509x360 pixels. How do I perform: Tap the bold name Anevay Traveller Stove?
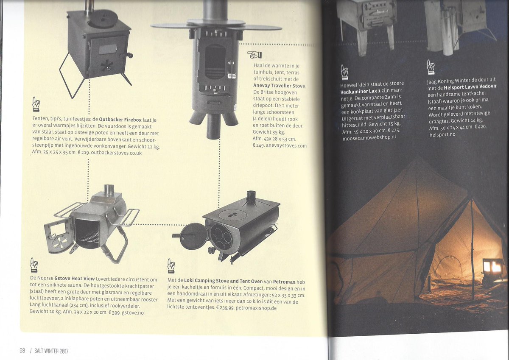279,86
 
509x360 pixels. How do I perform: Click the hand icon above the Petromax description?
171,266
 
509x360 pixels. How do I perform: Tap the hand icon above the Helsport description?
431,66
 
